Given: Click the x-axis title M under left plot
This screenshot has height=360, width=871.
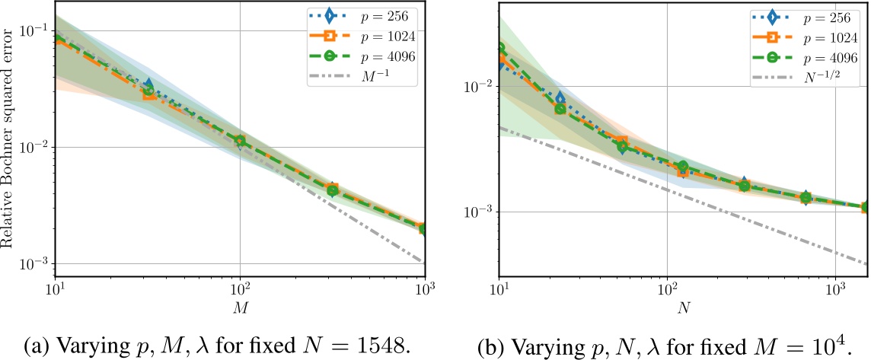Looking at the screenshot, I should pyautogui.click(x=240, y=308).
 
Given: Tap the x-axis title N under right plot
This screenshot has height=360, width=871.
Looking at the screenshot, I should pyautogui.click(x=683, y=308).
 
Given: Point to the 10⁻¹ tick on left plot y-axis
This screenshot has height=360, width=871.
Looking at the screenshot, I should pyautogui.click(x=36, y=30).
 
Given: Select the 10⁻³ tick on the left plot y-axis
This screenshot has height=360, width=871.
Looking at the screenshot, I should pyautogui.click(x=36, y=264).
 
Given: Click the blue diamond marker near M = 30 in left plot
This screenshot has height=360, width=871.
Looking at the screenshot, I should pyautogui.click(x=148, y=85).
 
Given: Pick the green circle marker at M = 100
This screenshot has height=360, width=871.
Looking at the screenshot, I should pyautogui.click(x=240, y=142).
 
